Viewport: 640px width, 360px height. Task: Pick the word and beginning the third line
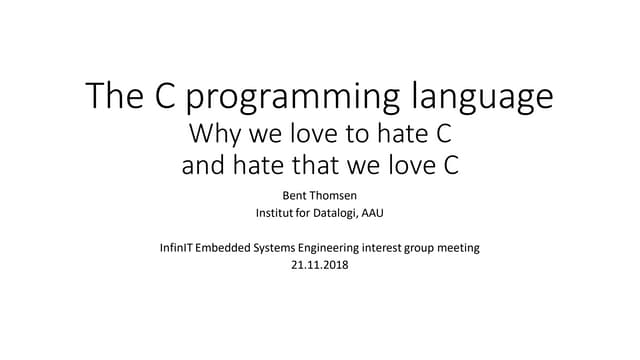tap(205, 165)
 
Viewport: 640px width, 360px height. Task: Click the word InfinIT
tap(181, 247)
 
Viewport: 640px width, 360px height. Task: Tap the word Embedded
tap(237, 247)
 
